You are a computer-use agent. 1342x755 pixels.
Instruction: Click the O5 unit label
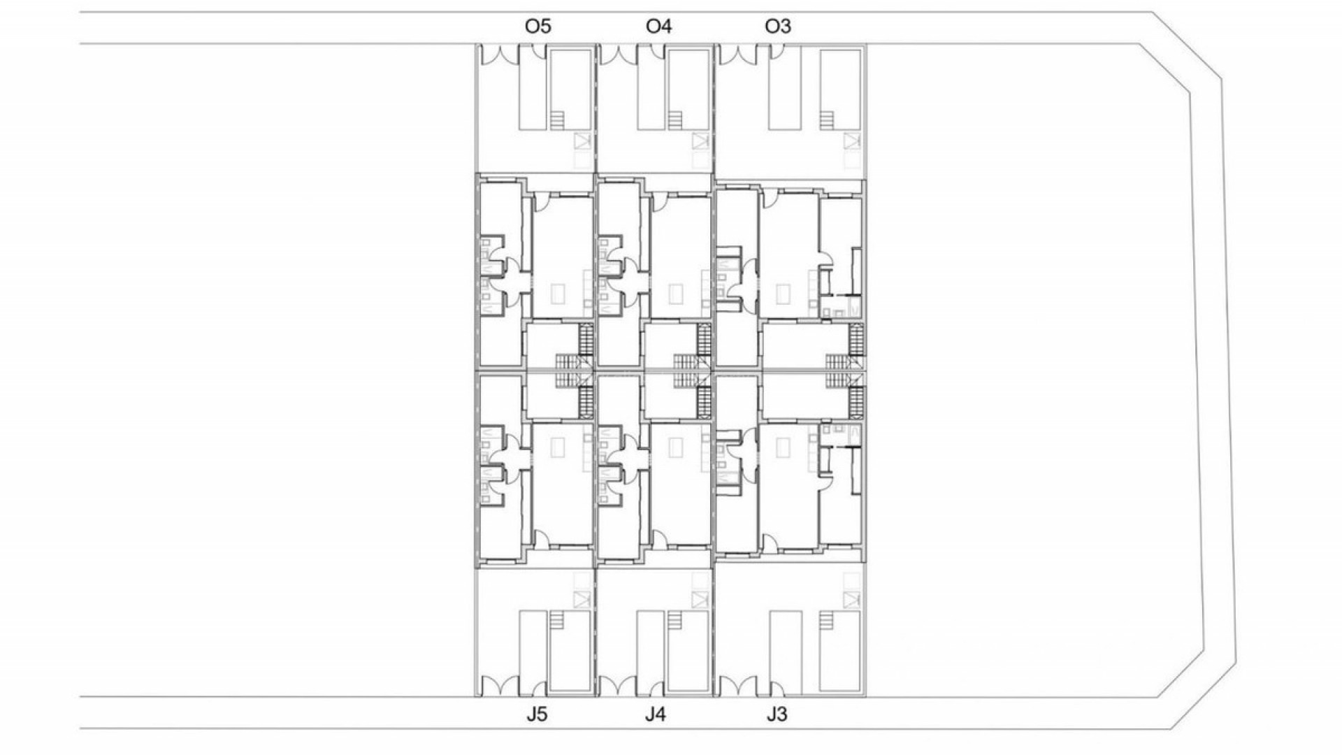pyautogui.click(x=538, y=27)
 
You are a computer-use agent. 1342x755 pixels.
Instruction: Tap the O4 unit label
pyautogui.click(x=658, y=27)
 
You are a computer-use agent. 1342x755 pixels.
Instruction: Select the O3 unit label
pyautogui.click(x=778, y=27)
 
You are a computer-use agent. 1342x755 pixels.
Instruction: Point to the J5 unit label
pyautogui.click(x=537, y=715)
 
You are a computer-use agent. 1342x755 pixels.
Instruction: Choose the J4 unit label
pyautogui.click(x=655, y=715)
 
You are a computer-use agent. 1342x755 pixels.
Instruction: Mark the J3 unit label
pyautogui.click(x=777, y=715)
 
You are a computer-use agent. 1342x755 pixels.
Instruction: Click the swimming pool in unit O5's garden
pyautogui.click(x=569, y=89)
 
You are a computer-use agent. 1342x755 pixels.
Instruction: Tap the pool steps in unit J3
pyautogui.click(x=827, y=621)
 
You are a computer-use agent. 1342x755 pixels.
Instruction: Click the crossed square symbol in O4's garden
pyautogui.click(x=700, y=142)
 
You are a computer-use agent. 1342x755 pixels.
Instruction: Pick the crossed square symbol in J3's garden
pyautogui.click(x=851, y=599)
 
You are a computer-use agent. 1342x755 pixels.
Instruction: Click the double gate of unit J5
pyautogui.click(x=498, y=687)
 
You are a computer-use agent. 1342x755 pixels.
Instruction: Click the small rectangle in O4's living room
pyautogui.click(x=676, y=294)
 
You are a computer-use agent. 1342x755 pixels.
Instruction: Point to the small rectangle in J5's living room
pyautogui.click(x=556, y=447)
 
